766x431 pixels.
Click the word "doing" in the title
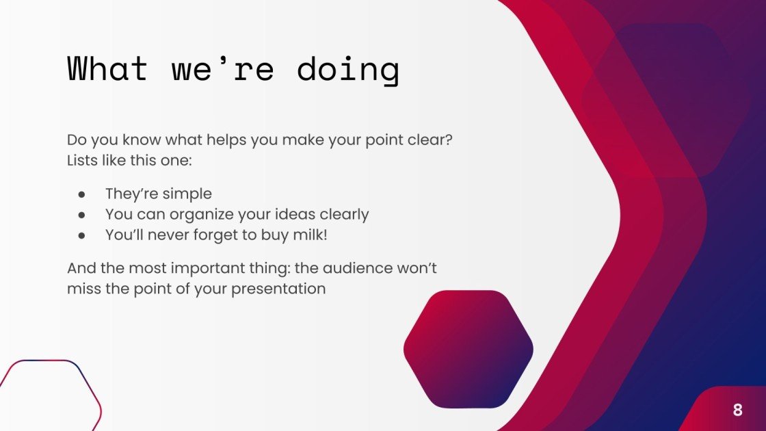click(x=347, y=70)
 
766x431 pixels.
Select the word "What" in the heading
click(x=107, y=70)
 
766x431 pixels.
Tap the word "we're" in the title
click(x=222, y=70)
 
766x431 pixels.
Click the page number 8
click(x=737, y=410)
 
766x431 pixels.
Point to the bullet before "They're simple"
click(x=81, y=194)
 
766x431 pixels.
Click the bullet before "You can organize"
click(x=81, y=215)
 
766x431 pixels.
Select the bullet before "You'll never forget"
click(x=81, y=235)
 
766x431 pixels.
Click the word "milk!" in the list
click(x=308, y=235)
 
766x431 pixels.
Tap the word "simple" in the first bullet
click(x=187, y=194)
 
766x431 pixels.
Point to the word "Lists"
click(x=83, y=160)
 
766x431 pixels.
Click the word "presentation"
click(x=278, y=289)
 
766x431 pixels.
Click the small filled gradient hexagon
click(x=468, y=349)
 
